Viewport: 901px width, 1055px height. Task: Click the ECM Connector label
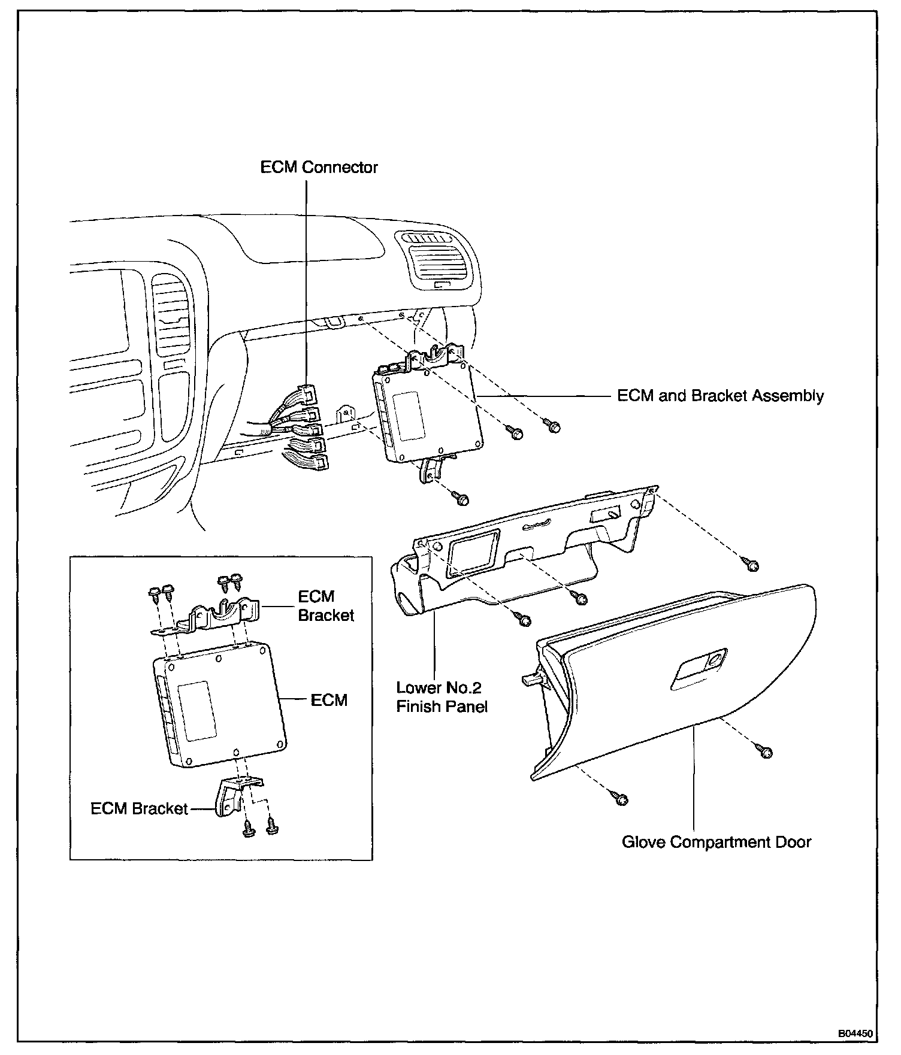(x=319, y=166)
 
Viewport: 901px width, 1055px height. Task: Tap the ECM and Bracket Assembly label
(x=720, y=396)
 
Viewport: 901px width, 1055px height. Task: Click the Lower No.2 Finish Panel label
(x=442, y=697)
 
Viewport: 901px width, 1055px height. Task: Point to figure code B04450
(x=855, y=1033)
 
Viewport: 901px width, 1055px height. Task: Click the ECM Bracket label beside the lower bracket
(x=139, y=808)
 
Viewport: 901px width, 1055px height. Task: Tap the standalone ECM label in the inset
(x=329, y=699)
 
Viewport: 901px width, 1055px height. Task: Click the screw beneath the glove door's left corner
(x=620, y=798)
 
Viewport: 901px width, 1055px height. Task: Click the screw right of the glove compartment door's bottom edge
(x=764, y=751)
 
